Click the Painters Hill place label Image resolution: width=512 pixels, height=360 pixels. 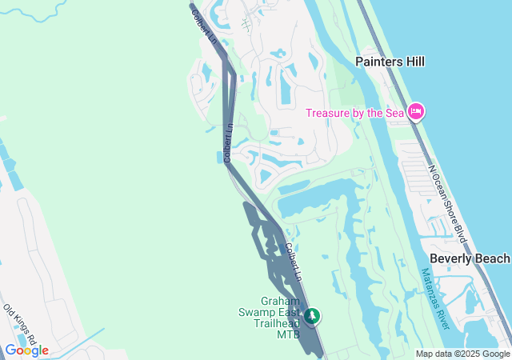[390, 62]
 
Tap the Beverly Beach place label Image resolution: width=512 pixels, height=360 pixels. [470, 258]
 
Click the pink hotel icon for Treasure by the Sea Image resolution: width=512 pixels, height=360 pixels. [415, 112]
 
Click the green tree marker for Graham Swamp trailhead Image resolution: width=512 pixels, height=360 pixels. [312, 318]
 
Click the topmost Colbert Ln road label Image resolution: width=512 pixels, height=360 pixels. [205, 27]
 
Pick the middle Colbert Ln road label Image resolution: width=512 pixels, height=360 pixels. [228, 143]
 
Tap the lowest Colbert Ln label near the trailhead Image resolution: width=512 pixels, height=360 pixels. [293, 261]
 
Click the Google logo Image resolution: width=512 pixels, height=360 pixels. [26, 350]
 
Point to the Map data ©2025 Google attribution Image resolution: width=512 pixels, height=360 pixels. [462, 354]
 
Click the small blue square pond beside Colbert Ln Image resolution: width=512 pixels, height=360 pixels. [220, 157]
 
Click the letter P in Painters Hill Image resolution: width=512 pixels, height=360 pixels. [360, 62]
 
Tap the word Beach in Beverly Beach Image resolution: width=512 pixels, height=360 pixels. [492, 258]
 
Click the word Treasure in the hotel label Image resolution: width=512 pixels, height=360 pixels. [329, 113]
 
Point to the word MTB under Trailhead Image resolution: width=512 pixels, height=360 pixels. [288, 334]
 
